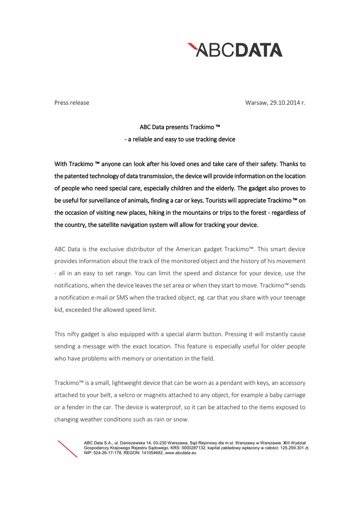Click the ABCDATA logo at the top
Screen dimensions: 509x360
pyautogui.click(x=235, y=50)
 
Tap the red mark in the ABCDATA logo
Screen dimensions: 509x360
pyautogui.click(x=192, y=48)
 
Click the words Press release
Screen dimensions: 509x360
pyautogui.click(x=72, y=103)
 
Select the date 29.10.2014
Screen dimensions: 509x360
pyautogui.click(x=285, y=103)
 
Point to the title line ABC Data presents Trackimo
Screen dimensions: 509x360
pyautogui.click(x=180, y=127)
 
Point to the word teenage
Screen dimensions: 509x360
pyautogui.click(x=293, y=297)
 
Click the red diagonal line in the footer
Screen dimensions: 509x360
pyautogui.click(x=68, y=449)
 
